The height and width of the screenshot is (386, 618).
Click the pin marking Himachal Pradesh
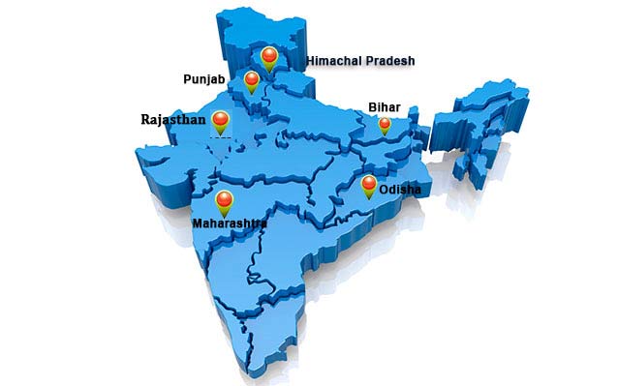tap(269, 59)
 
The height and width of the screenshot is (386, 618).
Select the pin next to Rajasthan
tap(221, 121)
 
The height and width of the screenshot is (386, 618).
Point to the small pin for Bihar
tap(384, 124)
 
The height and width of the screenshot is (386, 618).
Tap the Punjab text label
tap(204, 77)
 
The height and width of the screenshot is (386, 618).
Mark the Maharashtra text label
tap(230, 223)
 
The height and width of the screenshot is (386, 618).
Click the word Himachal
tap(334, 61)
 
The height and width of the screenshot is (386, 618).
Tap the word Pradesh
tap(390, 61)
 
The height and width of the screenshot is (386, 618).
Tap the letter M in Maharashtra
tap(198, 223)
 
